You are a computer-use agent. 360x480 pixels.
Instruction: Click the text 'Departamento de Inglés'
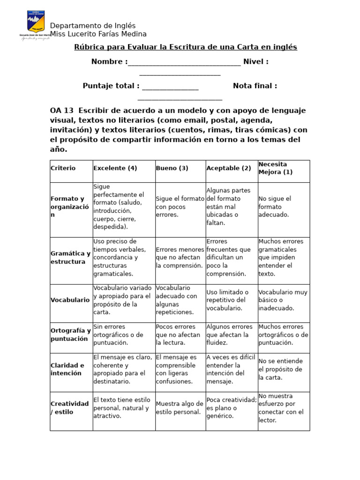pyautogui.click(x=93, y=26)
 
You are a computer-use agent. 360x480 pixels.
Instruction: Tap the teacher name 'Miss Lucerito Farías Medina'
pyautogui.click(x=98, y=34)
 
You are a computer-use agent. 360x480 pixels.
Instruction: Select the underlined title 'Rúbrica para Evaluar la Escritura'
pyautogui.click(x=186, y=47)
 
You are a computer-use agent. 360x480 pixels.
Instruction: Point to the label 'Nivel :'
pyautogui.click(x=255, y=62)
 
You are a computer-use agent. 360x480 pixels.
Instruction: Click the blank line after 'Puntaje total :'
pyautogui.click(x=170, y=87)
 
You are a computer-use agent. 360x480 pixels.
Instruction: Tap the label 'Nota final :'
pyautogui.click(x=255, y=86)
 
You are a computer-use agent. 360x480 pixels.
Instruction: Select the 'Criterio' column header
pyautogui.click(x=63, y=168)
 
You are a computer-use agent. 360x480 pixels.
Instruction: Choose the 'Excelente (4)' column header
pyautogui.click(x=115, y=168)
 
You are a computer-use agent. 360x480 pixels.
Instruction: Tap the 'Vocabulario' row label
pyautogui.click(x=70, y=300)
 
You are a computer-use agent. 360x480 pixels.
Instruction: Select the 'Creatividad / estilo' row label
pyautogui.click(x=70, y=408)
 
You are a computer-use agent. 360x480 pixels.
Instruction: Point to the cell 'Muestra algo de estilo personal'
pyautogui.click(x=180, y=408)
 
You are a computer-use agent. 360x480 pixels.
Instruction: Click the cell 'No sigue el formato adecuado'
pyautogui.click(x=275, y=207)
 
